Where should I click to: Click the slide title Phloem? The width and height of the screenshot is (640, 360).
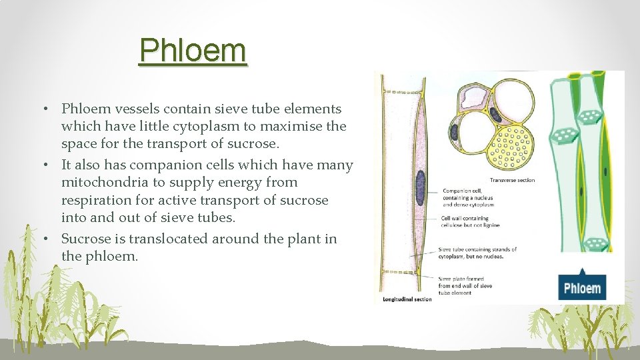point(193,50)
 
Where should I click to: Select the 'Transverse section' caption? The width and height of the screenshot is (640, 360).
point(512,180)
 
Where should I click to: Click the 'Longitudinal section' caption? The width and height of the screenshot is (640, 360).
point(407,299)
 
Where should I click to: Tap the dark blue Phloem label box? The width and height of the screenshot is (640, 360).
point(582,288)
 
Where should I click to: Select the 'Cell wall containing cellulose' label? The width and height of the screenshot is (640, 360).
point(470,221)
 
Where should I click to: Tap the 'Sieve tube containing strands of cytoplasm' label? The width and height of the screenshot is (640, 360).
point(477,253)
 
